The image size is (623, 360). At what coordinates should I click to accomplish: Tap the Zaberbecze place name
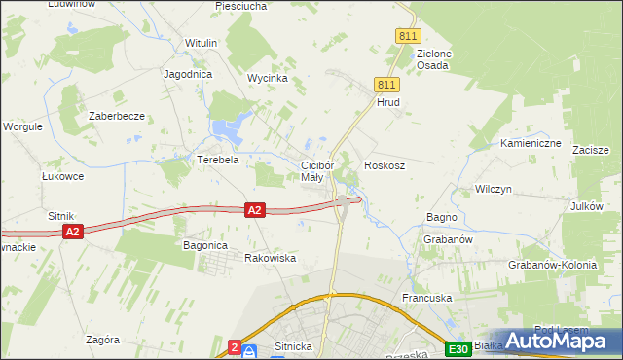(117, 116)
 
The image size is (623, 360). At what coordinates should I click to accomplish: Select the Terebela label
(218, 160)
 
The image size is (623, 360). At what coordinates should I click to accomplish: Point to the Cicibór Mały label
(317, 171)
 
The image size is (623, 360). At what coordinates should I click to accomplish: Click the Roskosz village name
(385, 166)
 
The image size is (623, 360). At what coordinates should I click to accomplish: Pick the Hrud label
(388, 101)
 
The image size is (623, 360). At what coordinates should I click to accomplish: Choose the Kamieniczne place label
(531, 143)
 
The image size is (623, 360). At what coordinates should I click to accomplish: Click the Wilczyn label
(494, 189)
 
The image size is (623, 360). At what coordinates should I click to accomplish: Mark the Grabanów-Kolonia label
(551, 265)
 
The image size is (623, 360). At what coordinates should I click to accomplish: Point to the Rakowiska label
(270, 258)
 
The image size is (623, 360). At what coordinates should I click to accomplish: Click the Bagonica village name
(205, 246)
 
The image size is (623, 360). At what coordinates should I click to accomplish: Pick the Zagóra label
(102, 340)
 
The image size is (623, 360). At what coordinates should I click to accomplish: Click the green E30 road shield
(458, 348)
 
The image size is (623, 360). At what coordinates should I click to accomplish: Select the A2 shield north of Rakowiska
(254, 209)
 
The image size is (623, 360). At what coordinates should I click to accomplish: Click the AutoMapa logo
(559, 340)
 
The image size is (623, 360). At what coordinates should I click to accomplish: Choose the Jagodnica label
(189, 74)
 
